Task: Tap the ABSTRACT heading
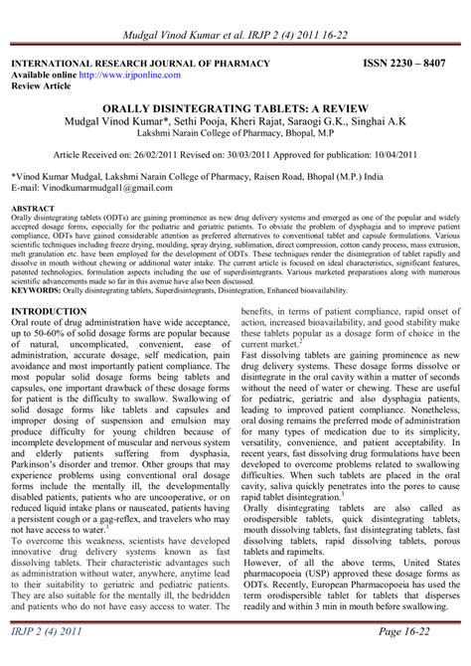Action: click(32, 209)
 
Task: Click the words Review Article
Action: click(41, 85)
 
